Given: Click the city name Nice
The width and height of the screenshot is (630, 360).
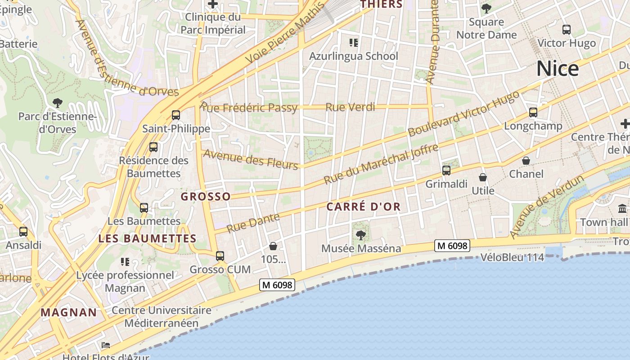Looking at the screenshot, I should [x=558, y=68].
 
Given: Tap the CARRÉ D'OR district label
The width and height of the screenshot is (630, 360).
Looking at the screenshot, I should [x=363, y=207].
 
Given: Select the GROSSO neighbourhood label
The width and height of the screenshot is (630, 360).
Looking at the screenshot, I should [x=206, y=196].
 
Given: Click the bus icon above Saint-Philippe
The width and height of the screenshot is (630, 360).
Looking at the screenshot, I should [x=176, y=115].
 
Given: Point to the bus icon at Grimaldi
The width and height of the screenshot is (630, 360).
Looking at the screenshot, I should [x=446, y=171].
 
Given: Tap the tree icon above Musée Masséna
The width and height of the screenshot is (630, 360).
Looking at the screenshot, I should [x=360, y=235].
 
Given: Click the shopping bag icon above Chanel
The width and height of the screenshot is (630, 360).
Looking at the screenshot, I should [x=526, y=161].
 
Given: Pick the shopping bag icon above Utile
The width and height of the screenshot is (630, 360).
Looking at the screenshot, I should [x=483, y=177].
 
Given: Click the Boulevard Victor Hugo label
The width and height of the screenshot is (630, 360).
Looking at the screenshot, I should [x=463, y=113].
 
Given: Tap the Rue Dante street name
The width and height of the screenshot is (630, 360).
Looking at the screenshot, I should [x=253, y=223].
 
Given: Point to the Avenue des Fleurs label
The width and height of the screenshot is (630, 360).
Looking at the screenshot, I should [x=251, y=160].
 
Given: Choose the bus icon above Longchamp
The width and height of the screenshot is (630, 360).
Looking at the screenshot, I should [x=533, y=112].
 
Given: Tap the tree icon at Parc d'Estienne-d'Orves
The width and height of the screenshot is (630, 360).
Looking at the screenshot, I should [x=57, y=103].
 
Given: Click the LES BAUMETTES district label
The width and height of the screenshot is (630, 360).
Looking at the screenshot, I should [x=148, y=238].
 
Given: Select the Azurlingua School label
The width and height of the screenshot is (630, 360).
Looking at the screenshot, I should [x=354, y=56].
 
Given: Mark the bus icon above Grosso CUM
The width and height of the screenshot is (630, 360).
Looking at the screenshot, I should [x=220, y=256].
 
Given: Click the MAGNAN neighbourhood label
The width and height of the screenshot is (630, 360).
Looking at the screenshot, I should [x=69, y=312].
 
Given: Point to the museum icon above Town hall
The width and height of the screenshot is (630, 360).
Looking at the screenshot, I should [x=623, y=209].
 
